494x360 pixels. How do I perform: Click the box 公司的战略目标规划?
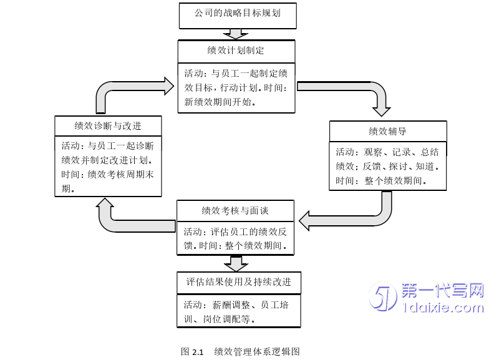click(238, 15)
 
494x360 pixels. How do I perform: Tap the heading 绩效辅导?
click(388, 131)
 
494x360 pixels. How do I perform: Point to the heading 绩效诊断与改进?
click(107, 126)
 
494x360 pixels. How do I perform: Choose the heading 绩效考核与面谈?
click(235, 211)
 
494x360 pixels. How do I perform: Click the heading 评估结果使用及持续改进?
click(238, 282)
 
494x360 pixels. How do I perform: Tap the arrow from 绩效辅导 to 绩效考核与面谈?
click(349, 218)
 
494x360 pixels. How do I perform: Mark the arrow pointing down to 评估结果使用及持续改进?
click(236, 263)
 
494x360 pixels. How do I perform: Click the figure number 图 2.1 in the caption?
click(192, 352)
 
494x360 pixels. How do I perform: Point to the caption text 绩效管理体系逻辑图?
click(256, 352)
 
